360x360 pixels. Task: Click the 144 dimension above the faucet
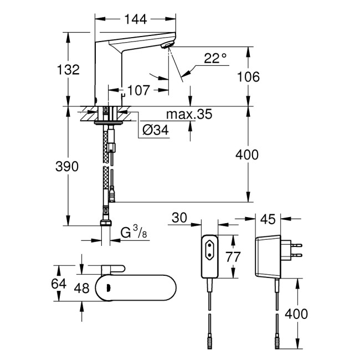[135, 19]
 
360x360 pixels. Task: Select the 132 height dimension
[68, 69]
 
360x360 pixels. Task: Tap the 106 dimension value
[248, 76]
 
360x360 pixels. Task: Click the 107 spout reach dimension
[139, 89]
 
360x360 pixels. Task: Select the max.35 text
[189, 115]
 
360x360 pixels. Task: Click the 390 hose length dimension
[68, 166]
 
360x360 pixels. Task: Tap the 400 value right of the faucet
[247, 155]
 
